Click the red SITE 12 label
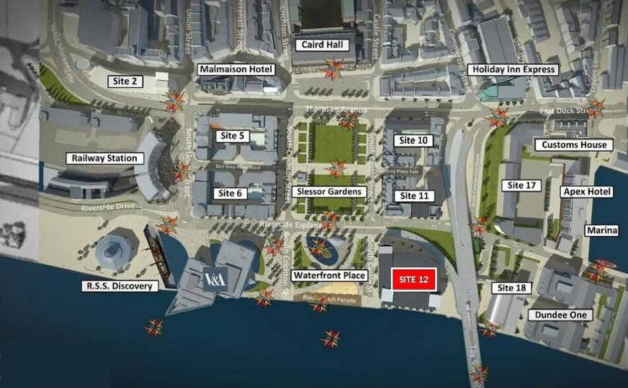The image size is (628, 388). point(414,280)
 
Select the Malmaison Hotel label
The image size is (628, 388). point(235,69)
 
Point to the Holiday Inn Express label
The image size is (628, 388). point(513,69)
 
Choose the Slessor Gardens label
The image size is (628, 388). point(328,191)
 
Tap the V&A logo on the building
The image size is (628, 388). point(215,279)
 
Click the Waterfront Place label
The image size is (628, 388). point(330,275)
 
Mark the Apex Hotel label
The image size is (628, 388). point(579,191)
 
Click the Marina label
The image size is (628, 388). point(602,230)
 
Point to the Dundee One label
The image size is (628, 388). point(560,315)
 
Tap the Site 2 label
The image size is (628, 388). point(125,81)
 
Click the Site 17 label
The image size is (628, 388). point(521,185)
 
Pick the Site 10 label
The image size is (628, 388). point(414,140)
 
